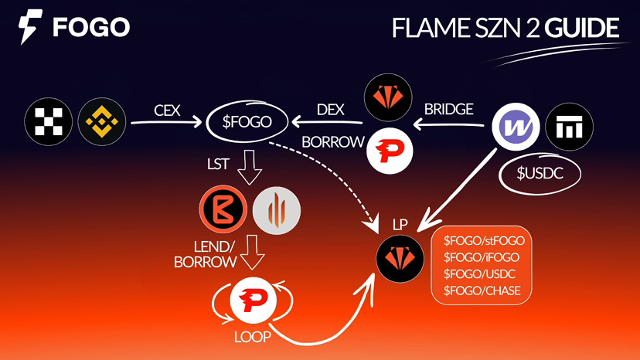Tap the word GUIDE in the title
pos(582,28)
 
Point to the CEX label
pos(166,110)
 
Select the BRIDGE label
pos(449,110)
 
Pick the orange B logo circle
pos(222,211)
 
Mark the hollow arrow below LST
pos(250,168)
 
